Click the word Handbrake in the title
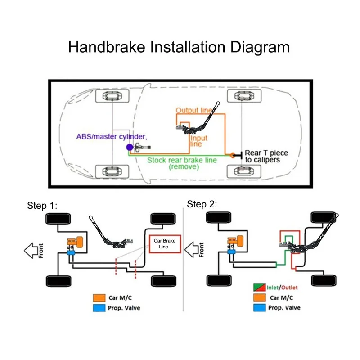pos(107,47)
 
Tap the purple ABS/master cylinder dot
pos(130,147)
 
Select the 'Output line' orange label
pos(194,110)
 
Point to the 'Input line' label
pos(198,141)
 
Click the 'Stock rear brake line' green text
pos(182,160)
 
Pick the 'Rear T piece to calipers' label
pos(266,156)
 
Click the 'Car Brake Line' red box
pos(165,244)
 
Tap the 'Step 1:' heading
pos(42,206)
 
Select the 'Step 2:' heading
pos(202,204)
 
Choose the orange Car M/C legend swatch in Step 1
pos(99,298)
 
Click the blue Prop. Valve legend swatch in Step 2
pos(260,308)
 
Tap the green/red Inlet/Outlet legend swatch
pos(260,287)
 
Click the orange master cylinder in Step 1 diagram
pos(75,242)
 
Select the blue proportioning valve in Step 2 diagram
pos(231,252)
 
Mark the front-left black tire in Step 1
pos(58,219)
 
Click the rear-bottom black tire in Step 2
pos(324,280)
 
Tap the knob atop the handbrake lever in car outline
pos(218,103)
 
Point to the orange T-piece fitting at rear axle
pos(233,155)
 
